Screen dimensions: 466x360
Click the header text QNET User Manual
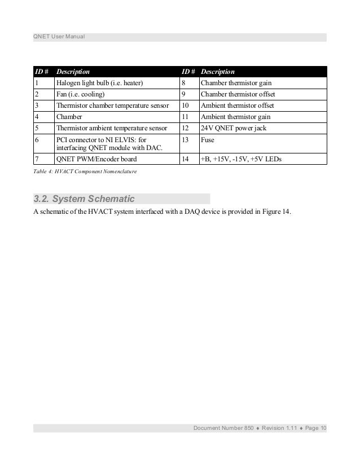59,38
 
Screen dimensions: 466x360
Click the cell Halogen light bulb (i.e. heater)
99,83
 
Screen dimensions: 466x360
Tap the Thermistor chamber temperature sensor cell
112,105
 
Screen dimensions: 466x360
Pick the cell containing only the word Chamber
69,117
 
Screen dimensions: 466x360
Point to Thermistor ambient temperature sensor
112,128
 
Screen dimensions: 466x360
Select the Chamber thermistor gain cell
236,83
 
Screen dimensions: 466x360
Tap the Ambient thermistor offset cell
237,105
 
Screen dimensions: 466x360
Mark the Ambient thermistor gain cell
236,117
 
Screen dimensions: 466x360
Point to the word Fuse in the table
208,139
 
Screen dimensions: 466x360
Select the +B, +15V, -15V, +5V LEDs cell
241,160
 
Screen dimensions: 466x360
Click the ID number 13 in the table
185,139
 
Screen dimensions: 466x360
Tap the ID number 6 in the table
37,139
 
